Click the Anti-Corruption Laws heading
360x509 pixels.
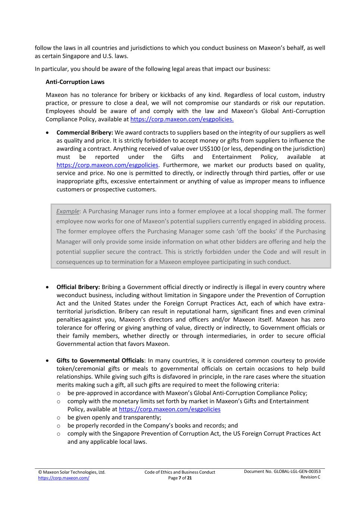pyautogui.click(x=75, y=82)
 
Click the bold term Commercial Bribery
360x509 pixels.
pyautogui.click(x=85, y=133)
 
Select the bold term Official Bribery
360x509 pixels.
pyautogui.click(x=78, y=287)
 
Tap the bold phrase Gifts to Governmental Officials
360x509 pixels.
pyautogui.click(x=100, y=361)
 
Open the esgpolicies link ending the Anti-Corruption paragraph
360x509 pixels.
pyautogui.click(x=182, y=119)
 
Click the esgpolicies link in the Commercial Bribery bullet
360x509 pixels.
pyautogui.click(x=107, y=165)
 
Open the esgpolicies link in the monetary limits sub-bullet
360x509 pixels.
pyautogui.click(x=169, y=409)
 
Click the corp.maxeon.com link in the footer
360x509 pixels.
pyautogui.click(x=63, y=478)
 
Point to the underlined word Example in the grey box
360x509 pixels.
pyautogui.click(x=68, y=211)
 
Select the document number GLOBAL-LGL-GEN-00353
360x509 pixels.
pyautogui.click(x=297, y=472)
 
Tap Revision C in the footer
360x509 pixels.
pyautogui.click(x=310, y=477)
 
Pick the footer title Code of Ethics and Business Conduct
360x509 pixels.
pyautogui.click(x=180, y=472)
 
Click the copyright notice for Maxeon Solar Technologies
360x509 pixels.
pyautogui.click(x=72, y=472)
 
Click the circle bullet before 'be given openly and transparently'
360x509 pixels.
pyautogui.click(x=58, y=418)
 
